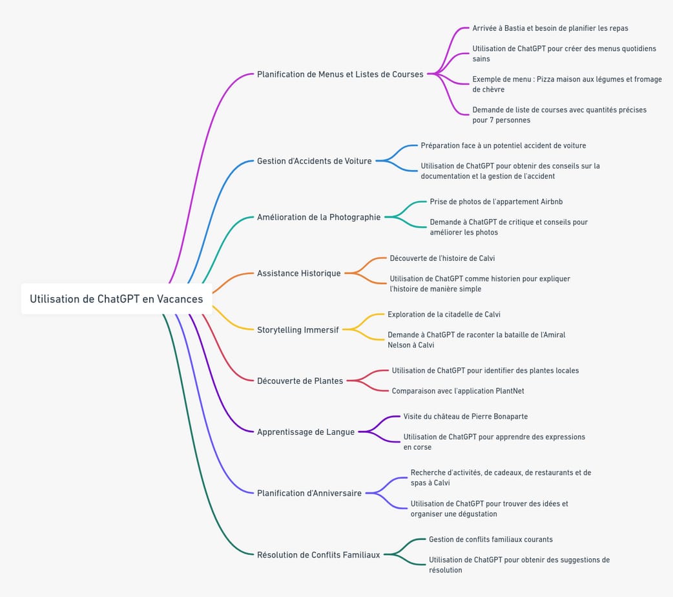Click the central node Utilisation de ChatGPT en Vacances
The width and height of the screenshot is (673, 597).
116,298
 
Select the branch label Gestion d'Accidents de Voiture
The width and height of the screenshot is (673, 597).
314,161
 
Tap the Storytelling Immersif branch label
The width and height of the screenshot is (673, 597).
298,330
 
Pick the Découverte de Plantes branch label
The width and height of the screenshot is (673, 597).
300,381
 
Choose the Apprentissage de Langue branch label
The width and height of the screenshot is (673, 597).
305,432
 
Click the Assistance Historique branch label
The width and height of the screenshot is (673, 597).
298,273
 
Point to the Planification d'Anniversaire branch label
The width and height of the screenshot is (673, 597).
309,493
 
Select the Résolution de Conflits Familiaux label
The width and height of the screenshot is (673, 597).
318,554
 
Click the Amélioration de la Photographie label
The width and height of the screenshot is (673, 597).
318,217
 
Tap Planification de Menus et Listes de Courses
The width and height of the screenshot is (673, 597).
340,74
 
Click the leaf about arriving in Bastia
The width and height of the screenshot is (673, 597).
550,28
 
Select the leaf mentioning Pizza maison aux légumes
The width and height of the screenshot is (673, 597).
566,84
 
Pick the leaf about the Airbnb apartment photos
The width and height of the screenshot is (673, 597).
496,202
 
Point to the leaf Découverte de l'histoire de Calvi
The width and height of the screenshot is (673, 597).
442,258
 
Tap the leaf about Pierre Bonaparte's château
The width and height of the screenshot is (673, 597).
465,417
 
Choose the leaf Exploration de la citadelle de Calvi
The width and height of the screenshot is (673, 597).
444,315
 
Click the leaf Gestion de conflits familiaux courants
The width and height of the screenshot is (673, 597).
490,539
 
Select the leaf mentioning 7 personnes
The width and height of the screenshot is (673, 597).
559,115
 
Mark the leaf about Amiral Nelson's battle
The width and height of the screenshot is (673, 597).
476,340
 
